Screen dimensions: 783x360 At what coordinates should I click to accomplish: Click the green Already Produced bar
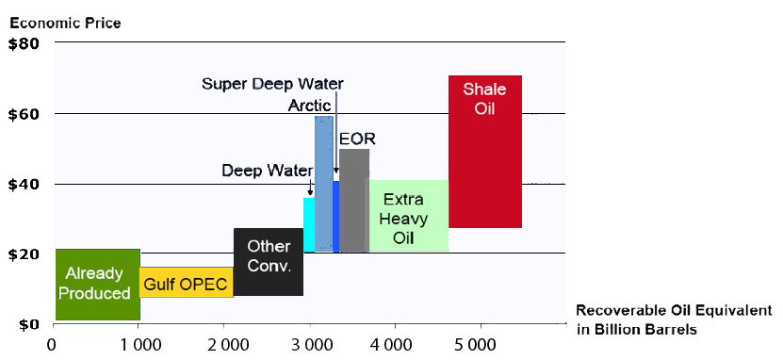(x=97, y=284)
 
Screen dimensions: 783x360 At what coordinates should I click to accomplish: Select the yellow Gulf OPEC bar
(x=187, y=282)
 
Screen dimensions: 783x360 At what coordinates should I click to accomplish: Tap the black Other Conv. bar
(x=269, y=262)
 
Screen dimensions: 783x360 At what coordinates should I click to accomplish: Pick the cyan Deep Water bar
(x=309, y=224)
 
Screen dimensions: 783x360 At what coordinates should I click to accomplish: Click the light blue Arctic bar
(x=324, y=183)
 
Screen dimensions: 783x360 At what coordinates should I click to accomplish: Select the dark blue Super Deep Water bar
(x=336, y=216)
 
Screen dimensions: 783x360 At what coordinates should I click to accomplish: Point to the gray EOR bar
(x=354, y=200)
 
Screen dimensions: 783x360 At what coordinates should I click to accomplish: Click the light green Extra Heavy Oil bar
(x=409, y=215)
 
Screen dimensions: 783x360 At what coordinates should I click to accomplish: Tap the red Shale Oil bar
(x=485, y=152)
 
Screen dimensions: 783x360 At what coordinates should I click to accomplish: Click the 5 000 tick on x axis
(x=480, y=346)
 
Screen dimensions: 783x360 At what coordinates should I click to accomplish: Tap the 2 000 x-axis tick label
(x=223, y=346)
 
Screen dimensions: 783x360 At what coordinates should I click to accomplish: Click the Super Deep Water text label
(x=272, y=84)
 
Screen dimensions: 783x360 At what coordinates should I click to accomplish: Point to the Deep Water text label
(x=268, y=171)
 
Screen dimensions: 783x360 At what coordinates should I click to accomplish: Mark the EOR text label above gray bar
(x=357, y=139)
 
